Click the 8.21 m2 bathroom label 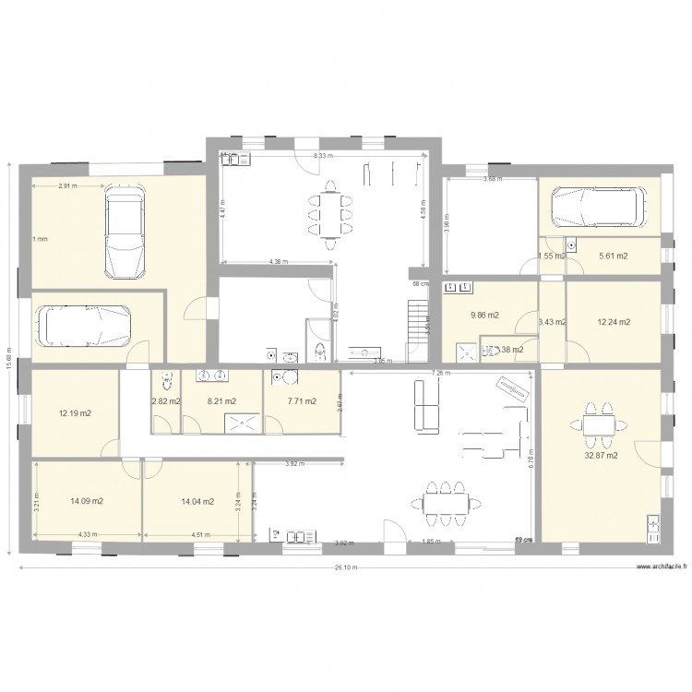(221, 401)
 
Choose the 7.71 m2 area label (303, 401)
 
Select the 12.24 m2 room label (614, 322)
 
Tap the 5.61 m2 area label (614, 256)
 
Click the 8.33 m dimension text (322, 157)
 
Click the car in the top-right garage (599, 208)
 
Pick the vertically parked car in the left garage (123, 231)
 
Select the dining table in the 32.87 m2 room (599, 424)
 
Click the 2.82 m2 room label (166, 401)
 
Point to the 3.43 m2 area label (551, 322)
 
